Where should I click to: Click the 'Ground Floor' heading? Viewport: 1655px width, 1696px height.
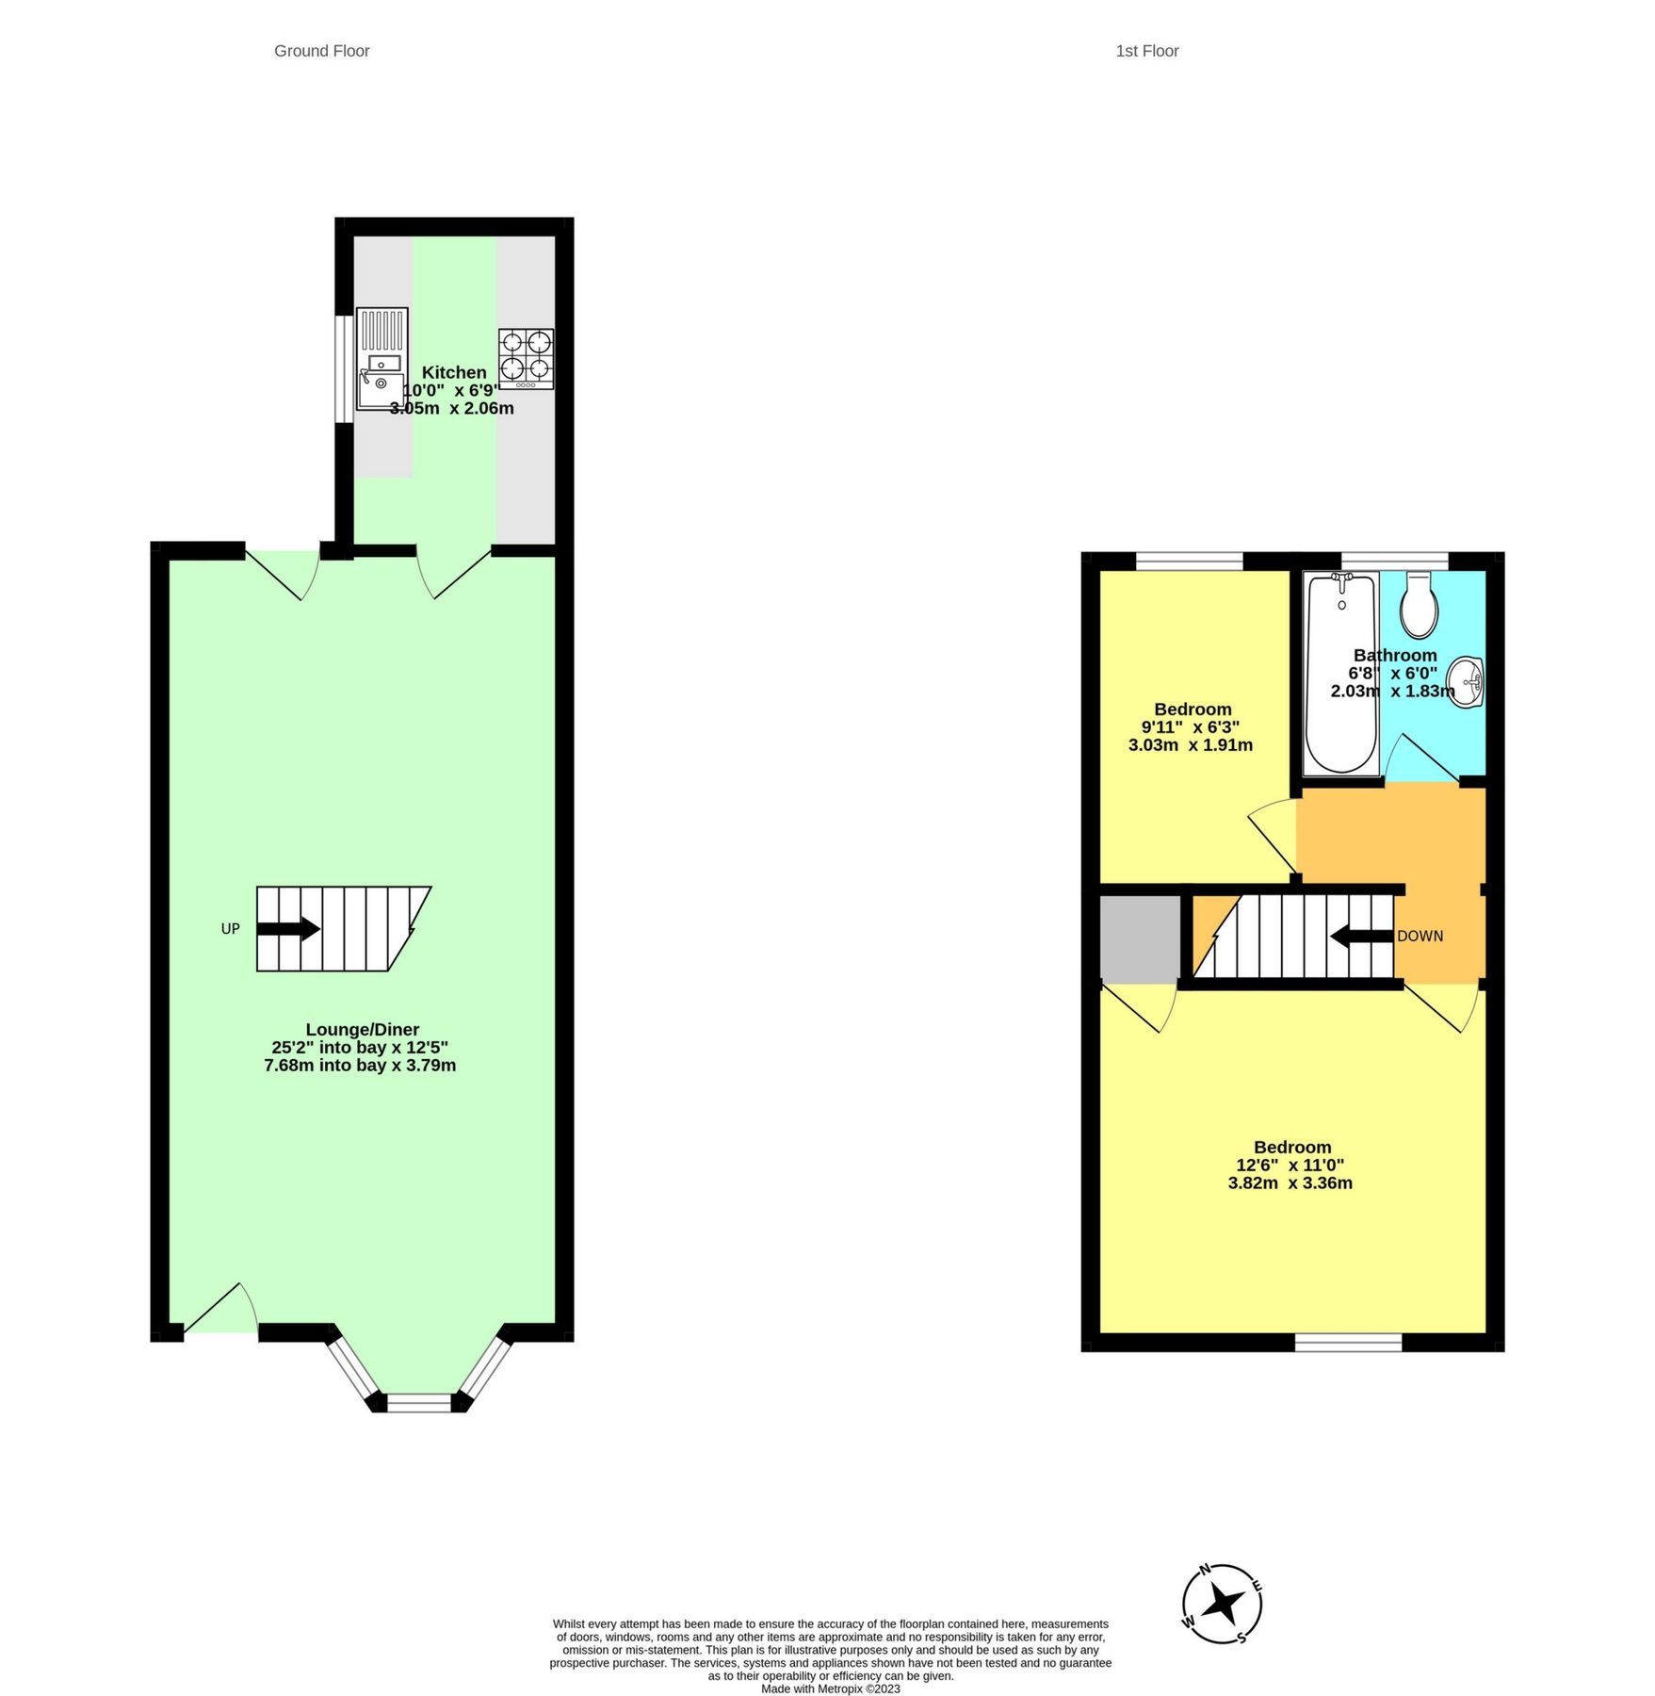coord(321,51)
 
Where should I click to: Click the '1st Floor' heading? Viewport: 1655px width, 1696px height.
coord(1146,51)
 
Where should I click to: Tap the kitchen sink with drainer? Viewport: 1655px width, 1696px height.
coord(381,359)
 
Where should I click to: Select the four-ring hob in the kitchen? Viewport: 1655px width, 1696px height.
coord(526,358)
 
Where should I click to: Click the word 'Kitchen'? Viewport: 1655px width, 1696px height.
coord(454,372)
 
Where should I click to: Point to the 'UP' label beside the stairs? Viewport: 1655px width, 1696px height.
coord(230,929)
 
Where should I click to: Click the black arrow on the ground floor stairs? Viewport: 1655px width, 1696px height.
coord(288,929)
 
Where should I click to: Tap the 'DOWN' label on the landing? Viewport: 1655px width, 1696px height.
coord(1420,936)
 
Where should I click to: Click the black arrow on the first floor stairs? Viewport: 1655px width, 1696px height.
coord(1361,936)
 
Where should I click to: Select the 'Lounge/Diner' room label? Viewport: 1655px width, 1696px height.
coord(362,1030)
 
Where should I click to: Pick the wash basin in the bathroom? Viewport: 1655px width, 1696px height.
coord(1466,680)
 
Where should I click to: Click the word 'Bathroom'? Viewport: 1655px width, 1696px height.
coord(1395,655)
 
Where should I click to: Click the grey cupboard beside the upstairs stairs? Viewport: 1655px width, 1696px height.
coord(1140,938)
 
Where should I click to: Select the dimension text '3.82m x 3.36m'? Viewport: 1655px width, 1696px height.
coord(1290,1183)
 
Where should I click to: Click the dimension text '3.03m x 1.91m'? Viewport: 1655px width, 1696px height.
coord(1190,745)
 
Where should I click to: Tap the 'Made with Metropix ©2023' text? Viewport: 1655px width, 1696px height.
coord(830,1689)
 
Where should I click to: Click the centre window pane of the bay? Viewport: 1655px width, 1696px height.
coord(419,1402)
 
